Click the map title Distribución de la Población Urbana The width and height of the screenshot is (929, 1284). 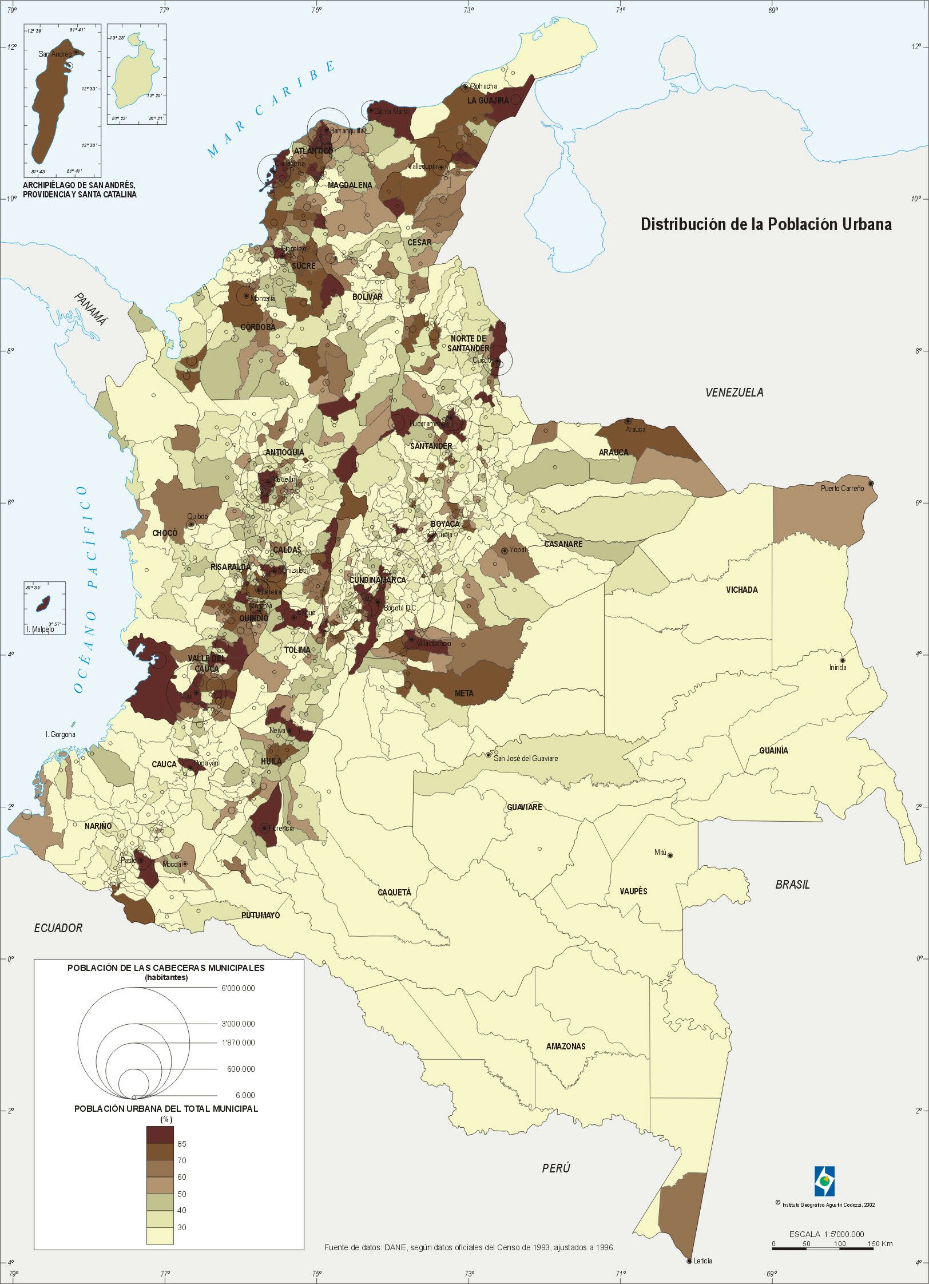[766, 224]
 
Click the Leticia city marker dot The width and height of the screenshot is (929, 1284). [689, 1261]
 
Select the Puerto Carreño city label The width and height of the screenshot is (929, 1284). [843, 488]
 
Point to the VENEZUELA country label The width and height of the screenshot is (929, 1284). [734, 393]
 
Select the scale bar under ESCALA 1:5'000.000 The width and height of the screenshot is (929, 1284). [823, 1249]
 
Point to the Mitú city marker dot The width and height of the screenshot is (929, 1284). [670, 855]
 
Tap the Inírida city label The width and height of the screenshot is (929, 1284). [837, 667]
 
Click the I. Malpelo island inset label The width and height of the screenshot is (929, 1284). [40, 629]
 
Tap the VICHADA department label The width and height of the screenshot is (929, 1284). [742, 590]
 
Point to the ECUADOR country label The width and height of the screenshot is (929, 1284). [58, 928]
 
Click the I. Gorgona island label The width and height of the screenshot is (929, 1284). [60, 735]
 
